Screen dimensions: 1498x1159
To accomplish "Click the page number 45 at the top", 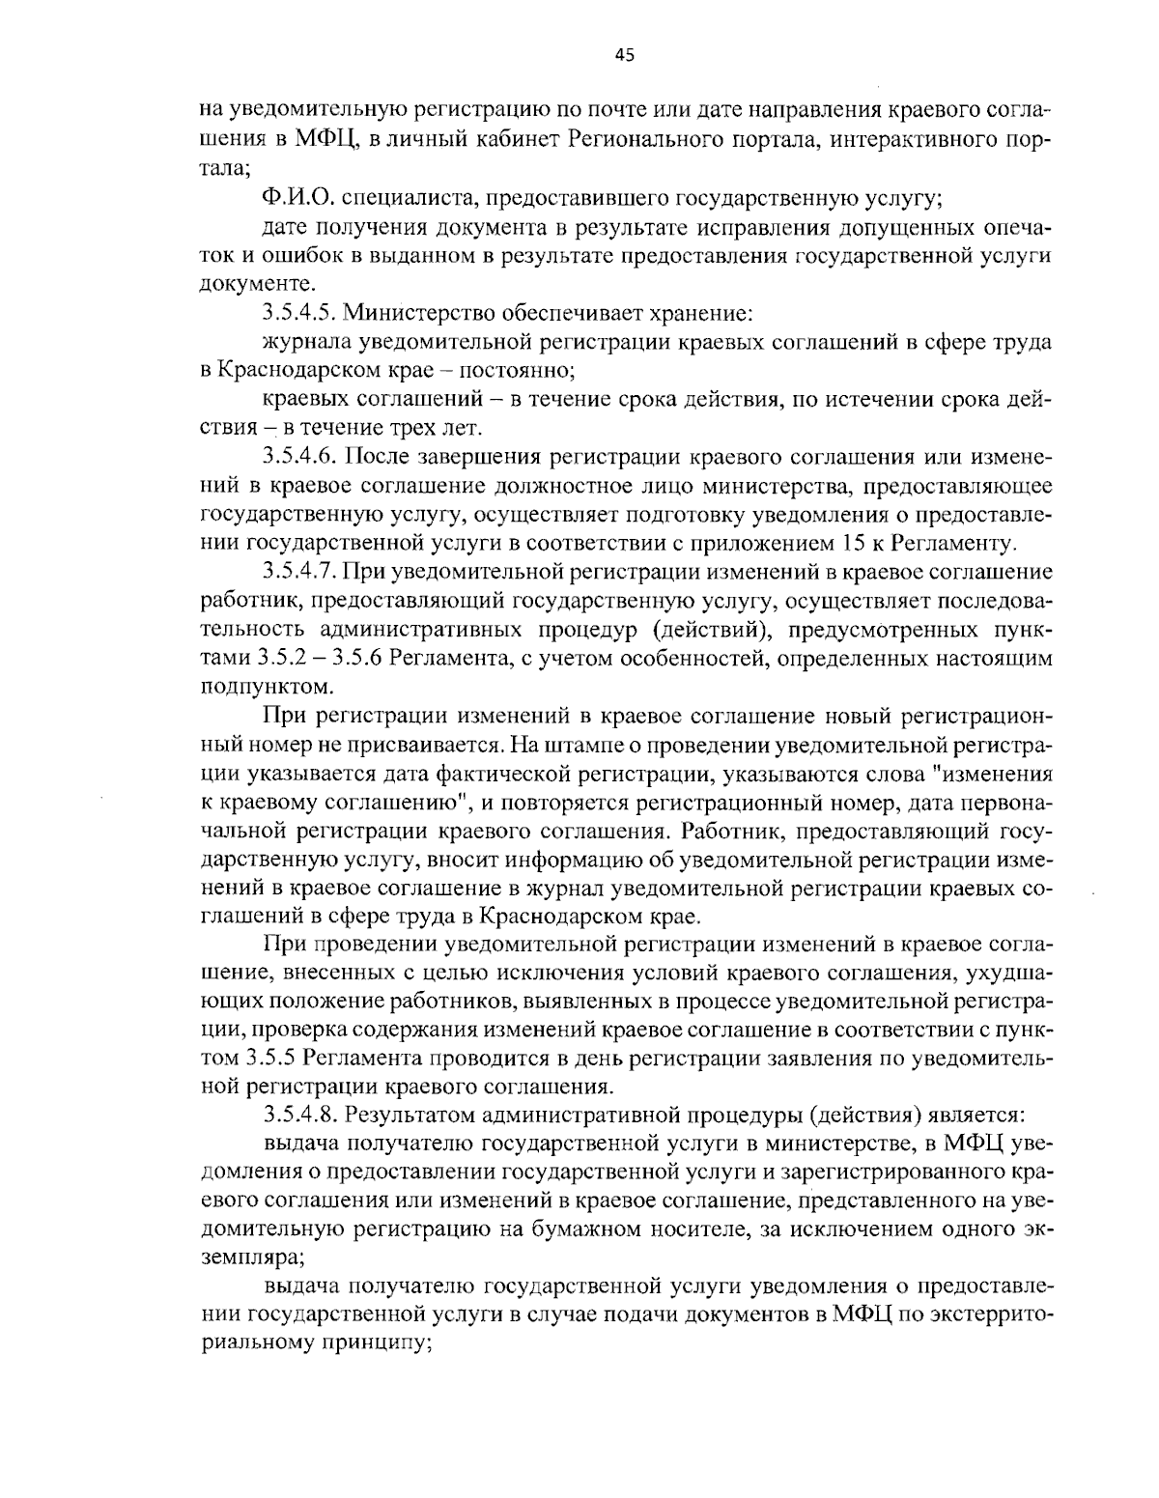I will click(624, 55).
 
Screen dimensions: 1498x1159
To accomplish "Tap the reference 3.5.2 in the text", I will click(280, 659).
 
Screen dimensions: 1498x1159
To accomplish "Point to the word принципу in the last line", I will click(373, 1343).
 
